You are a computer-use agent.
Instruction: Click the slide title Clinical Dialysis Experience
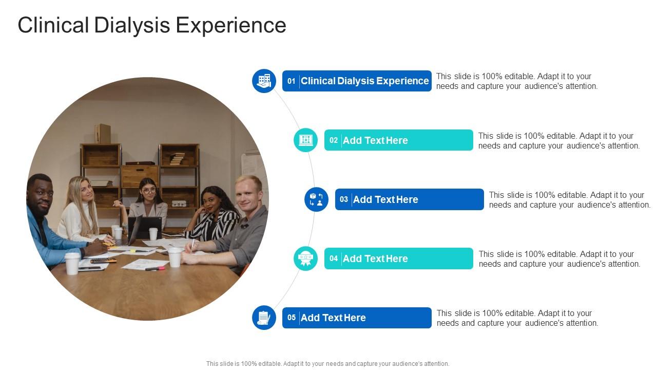(x=152, y=25)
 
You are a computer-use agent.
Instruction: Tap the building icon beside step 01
(x=264, y=81)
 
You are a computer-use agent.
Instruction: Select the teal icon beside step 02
(x=306, y=140)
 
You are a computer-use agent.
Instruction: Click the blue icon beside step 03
(x=316, y=199)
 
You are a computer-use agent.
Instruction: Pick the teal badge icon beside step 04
(x=306, y=258)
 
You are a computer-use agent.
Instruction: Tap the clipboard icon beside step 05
(x=264, y=318)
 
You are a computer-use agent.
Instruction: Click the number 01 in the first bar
(x=292, y=81)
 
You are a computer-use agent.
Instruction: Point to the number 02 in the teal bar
(x=334, y=140)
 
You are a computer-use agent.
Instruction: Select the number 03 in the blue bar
(x=344, y=199)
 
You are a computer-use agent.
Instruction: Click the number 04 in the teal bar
(x=334, y=258)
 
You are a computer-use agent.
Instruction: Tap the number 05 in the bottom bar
(x=292, y=318)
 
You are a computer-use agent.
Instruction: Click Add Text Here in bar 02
(x=375, y=140)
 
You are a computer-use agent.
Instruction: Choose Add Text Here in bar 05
(x=333, y=318)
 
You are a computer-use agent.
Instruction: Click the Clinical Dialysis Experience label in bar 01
(x=364, y=81)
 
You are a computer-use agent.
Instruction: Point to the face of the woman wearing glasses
(x=148, y=191)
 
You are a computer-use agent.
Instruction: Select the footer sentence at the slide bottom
(x=327, y=363)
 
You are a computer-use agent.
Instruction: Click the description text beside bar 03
(x=569, y=200)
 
